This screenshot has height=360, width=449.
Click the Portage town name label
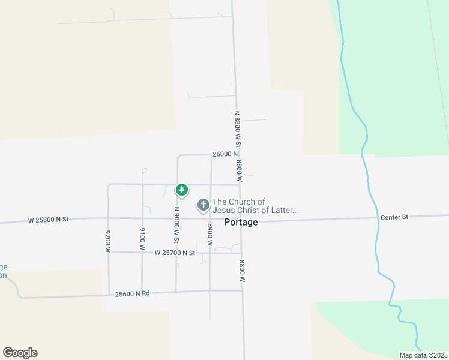tap(241, 222)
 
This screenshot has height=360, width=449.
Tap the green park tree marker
tap(181, 190)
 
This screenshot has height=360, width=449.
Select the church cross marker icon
tap(203, 206)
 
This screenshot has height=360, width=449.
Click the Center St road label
tap(394, 217)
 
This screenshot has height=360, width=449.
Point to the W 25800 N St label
tap(49, 220)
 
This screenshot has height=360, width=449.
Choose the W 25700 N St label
tap(175, 253)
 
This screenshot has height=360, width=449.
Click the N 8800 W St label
tap(237, 129)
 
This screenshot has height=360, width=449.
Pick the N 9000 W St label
tap(177, 225)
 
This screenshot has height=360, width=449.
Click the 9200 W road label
tap(109, 241)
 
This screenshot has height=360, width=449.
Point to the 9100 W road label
tap(142, 238)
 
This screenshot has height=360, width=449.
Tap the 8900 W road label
tap(210, 235)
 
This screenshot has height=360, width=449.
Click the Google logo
tap(20, 353)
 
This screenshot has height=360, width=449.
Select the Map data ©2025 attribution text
tap(423, 355)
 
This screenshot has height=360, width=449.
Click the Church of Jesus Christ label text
tap(255, 206)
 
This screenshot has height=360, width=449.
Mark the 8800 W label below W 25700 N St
tap(242, 271)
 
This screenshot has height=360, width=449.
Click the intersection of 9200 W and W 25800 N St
tap(108, 219)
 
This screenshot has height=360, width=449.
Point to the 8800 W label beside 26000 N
tap(239, 170)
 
